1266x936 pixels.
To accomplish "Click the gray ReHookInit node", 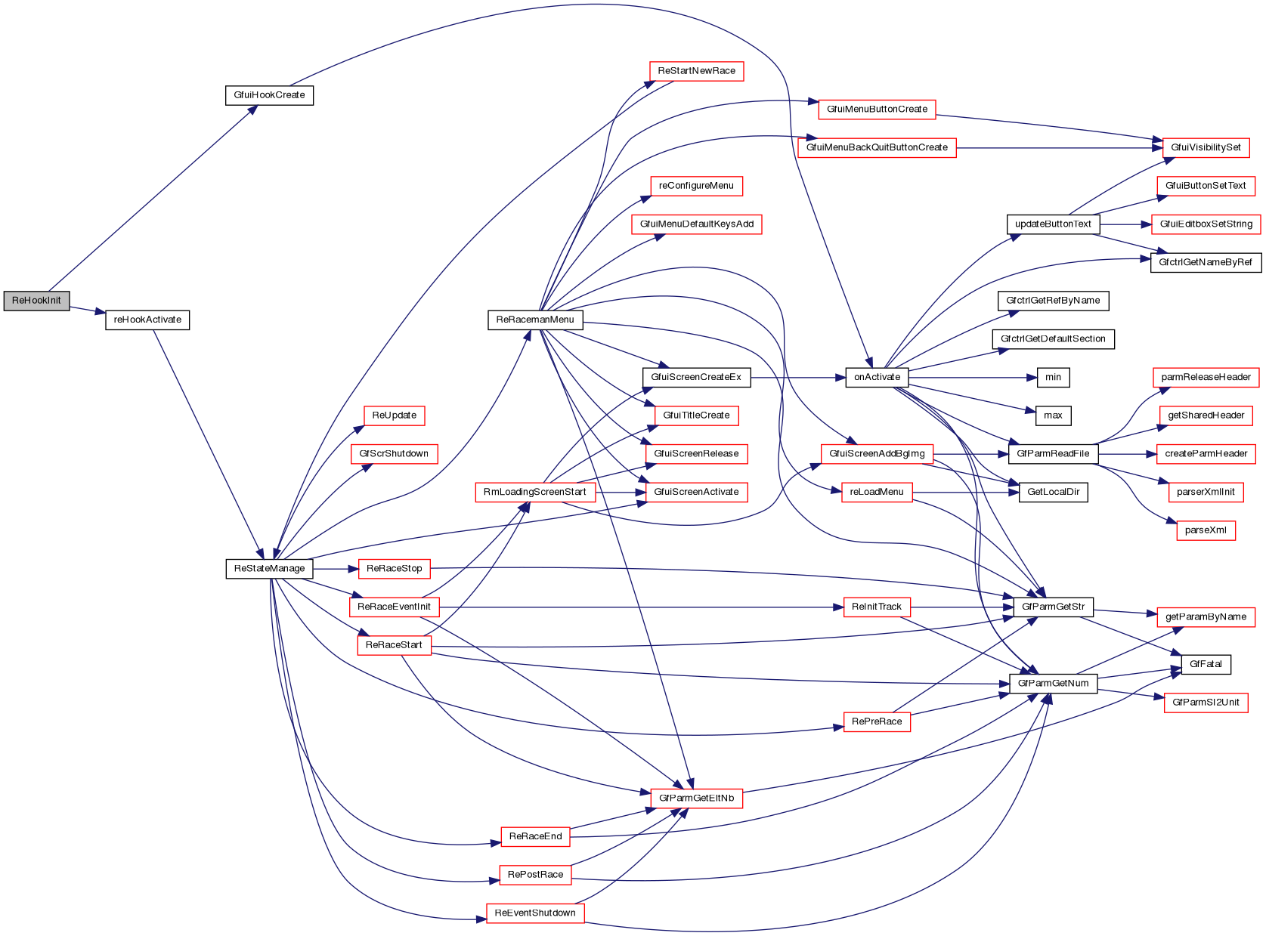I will click(36, 301).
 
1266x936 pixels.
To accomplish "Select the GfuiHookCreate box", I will click(269, 95).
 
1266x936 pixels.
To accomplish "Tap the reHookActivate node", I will click(147, 320).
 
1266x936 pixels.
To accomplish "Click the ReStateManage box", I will click(269, 569).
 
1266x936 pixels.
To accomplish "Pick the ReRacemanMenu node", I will click(535, 320).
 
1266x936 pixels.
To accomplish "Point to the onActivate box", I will click(877, 377).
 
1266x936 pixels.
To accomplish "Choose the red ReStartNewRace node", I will click(696, 71).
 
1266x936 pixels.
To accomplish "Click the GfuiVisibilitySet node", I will click(1206, 147).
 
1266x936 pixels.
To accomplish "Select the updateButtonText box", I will click(1053, 224).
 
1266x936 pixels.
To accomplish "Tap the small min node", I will click(1053, 377).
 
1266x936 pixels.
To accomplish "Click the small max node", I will click(1053, 415).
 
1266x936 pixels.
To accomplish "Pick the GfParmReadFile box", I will click(1053, 454).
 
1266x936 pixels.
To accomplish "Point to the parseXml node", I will click(1206, 530).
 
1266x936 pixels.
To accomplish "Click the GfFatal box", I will click(1206, 664).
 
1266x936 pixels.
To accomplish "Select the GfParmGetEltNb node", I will click(696, 799).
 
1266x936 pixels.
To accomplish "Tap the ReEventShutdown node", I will click(535, 913).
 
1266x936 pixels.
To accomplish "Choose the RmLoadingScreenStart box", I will click(534, 493).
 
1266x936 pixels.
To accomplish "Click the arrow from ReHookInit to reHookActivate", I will click(88, 310).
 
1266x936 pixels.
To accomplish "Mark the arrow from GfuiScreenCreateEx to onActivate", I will click(797, 377).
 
